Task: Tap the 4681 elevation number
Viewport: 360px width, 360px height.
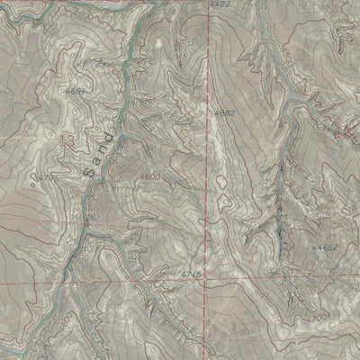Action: pyautogui.click(x=76, y=90)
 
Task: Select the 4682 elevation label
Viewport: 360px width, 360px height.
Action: pyautogui.click(x=225, y=112)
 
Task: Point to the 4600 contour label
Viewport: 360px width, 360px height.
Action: pyautogui.click(x=150, y=177)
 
